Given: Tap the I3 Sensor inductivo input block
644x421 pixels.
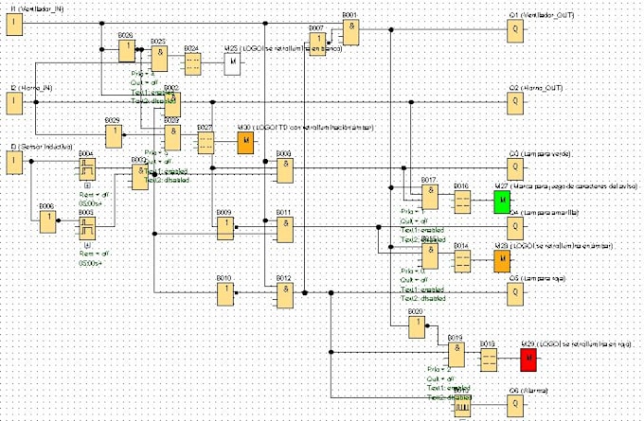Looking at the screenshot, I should click(15, 164).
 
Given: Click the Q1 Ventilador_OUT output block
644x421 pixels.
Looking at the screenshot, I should click(515, 30).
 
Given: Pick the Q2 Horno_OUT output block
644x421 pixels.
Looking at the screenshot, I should click(515, 102).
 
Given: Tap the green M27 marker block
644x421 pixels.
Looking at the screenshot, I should click(502, 202).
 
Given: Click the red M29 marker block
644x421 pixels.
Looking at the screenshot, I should click(528, 360).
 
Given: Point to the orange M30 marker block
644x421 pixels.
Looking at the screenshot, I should click(245, 143).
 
